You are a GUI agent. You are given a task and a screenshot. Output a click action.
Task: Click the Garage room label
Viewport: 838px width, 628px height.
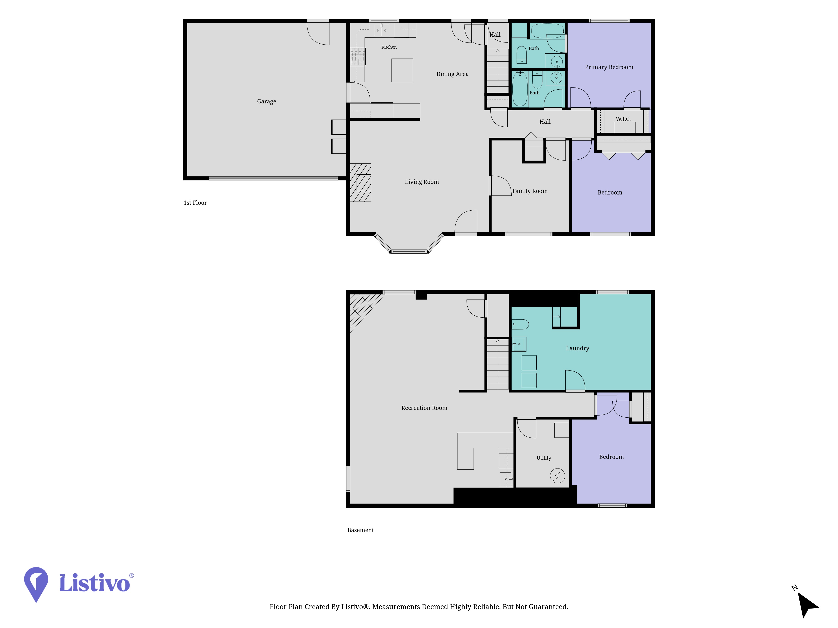(x=266, y=102)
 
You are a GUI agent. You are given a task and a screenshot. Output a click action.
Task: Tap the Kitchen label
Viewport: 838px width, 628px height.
(x=389, y=47)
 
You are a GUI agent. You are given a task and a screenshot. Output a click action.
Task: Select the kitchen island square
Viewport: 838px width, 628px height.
(x=402, y=70)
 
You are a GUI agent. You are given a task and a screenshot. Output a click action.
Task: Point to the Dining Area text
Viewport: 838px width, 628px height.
(x=452, y=74)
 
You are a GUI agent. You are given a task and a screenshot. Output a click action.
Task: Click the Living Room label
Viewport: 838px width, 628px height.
(x=422, y=182)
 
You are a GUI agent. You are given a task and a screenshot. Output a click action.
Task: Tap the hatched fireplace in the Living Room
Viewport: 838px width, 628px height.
(x=360, y=183)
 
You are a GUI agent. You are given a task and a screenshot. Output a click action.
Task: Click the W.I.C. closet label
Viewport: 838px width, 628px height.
(x=623, y=119)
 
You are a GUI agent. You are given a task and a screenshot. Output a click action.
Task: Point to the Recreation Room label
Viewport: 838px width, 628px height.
(x=424, y=408)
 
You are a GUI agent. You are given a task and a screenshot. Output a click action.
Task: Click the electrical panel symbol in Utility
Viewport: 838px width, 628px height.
(x=557, y=476)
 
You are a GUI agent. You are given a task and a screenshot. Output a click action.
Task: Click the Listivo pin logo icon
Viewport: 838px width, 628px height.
(x=36, y=584)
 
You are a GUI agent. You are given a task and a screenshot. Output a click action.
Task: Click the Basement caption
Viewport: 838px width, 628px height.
(x=360, y=530)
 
